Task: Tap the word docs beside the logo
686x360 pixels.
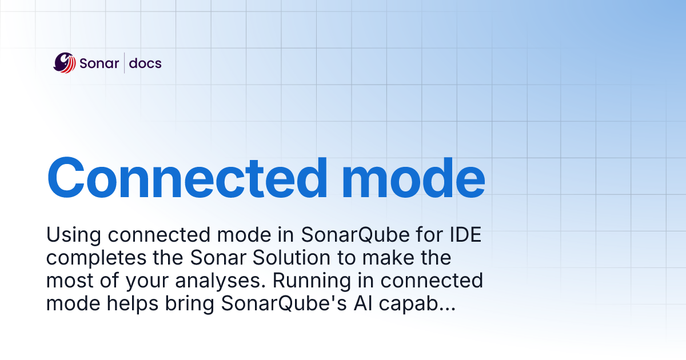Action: (x=145, y=63)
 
